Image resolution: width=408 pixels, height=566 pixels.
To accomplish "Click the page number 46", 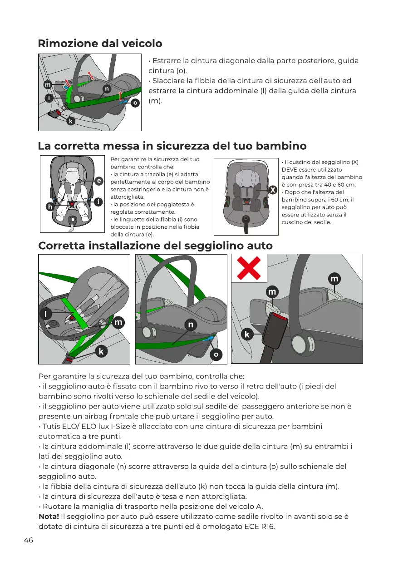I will pos(28,540).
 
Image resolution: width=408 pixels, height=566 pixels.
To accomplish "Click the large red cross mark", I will pos(249,268).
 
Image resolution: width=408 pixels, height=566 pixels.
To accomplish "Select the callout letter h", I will pos(50,207).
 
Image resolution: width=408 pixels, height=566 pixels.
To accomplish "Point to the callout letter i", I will pos(98,202).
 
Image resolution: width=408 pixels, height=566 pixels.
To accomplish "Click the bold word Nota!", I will pos(49,516).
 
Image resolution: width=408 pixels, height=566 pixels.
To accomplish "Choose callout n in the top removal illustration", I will pos(106,89).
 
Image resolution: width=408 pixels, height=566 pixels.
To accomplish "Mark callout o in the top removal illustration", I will pos(135,103).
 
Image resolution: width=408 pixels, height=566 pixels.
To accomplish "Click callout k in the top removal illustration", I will pos(71,121).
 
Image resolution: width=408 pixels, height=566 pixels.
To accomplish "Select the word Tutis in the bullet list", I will pos(52,426).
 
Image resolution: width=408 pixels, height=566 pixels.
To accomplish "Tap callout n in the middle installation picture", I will pos(191,324).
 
